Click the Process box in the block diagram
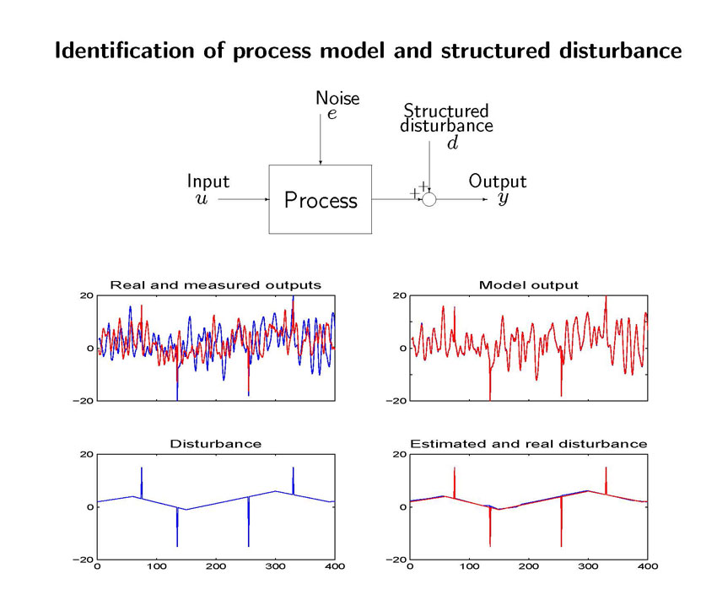(x=320, y=199)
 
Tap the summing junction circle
(x=429, y=199)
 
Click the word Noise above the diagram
(x=337, y=98)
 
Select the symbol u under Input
(x=202, y=199)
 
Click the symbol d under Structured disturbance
(x=453, y=143)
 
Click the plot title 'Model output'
(x=529, y=284)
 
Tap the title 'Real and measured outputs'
(x=216, y=284)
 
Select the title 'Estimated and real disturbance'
(x=529, y=443)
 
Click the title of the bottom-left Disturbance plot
(x=216, y=443)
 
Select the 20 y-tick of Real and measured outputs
(x=87, y=295)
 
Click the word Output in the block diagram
(x=498, y=181)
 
